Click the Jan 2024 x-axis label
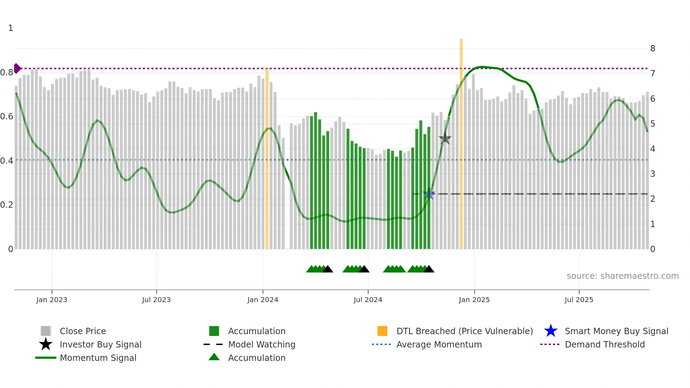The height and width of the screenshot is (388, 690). click(263, 300)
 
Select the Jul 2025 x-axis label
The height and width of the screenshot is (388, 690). click(579, 300)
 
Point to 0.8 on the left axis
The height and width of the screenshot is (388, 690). click(7, 73)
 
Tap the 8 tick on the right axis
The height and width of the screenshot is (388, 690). click(652, 49)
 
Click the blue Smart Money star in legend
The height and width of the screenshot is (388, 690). click(551, 331)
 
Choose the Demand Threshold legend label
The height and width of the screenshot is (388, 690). click(604, 344)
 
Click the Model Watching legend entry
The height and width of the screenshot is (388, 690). click(261, 344)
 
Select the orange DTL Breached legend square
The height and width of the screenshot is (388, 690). click(382, 331)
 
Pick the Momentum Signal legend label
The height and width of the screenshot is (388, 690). click(98, 358)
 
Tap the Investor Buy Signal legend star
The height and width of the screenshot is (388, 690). click(46, 344)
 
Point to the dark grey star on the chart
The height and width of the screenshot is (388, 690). click(445, 138)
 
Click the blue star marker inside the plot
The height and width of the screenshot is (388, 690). click(429, 194)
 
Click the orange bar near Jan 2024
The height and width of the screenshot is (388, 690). click(267, 158)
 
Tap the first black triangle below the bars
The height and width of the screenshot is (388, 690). click(327, 269)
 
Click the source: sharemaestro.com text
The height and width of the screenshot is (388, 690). click(622, 276)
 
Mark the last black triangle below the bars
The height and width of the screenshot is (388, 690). click(429, 269)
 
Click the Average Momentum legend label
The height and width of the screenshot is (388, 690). click(439, 344)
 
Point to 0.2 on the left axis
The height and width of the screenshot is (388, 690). click(7, 205)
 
